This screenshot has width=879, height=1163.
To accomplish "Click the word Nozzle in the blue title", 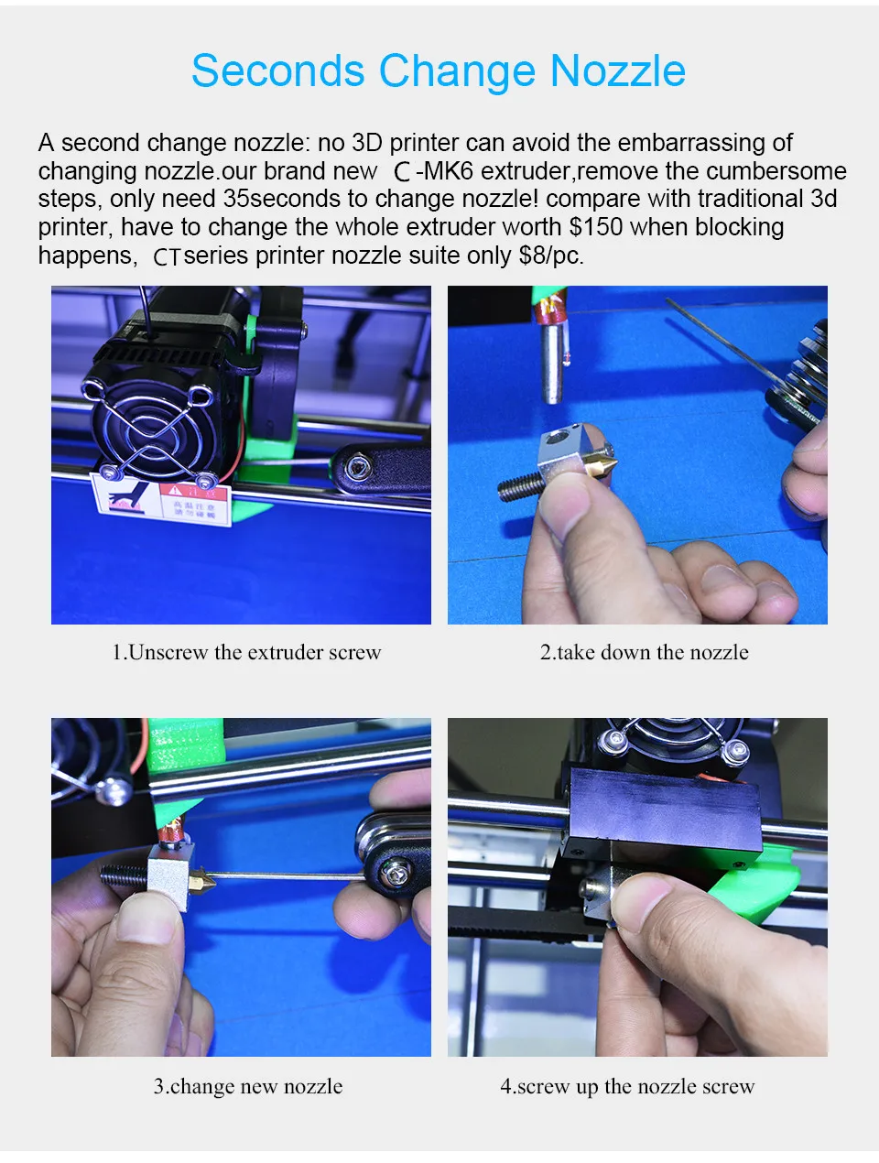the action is tap(618, 70).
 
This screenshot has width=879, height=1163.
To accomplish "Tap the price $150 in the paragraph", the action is tap(596, 227).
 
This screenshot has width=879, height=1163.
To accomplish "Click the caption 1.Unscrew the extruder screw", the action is tap(246, 652).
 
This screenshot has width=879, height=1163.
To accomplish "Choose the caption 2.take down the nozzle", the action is tap(645, 652).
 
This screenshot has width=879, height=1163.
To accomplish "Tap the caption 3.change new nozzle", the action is tap(248, 1086).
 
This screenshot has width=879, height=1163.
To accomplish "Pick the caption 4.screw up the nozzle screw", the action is tap(627, 1086).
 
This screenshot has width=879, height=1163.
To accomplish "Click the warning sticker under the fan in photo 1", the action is tap(161, 500).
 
